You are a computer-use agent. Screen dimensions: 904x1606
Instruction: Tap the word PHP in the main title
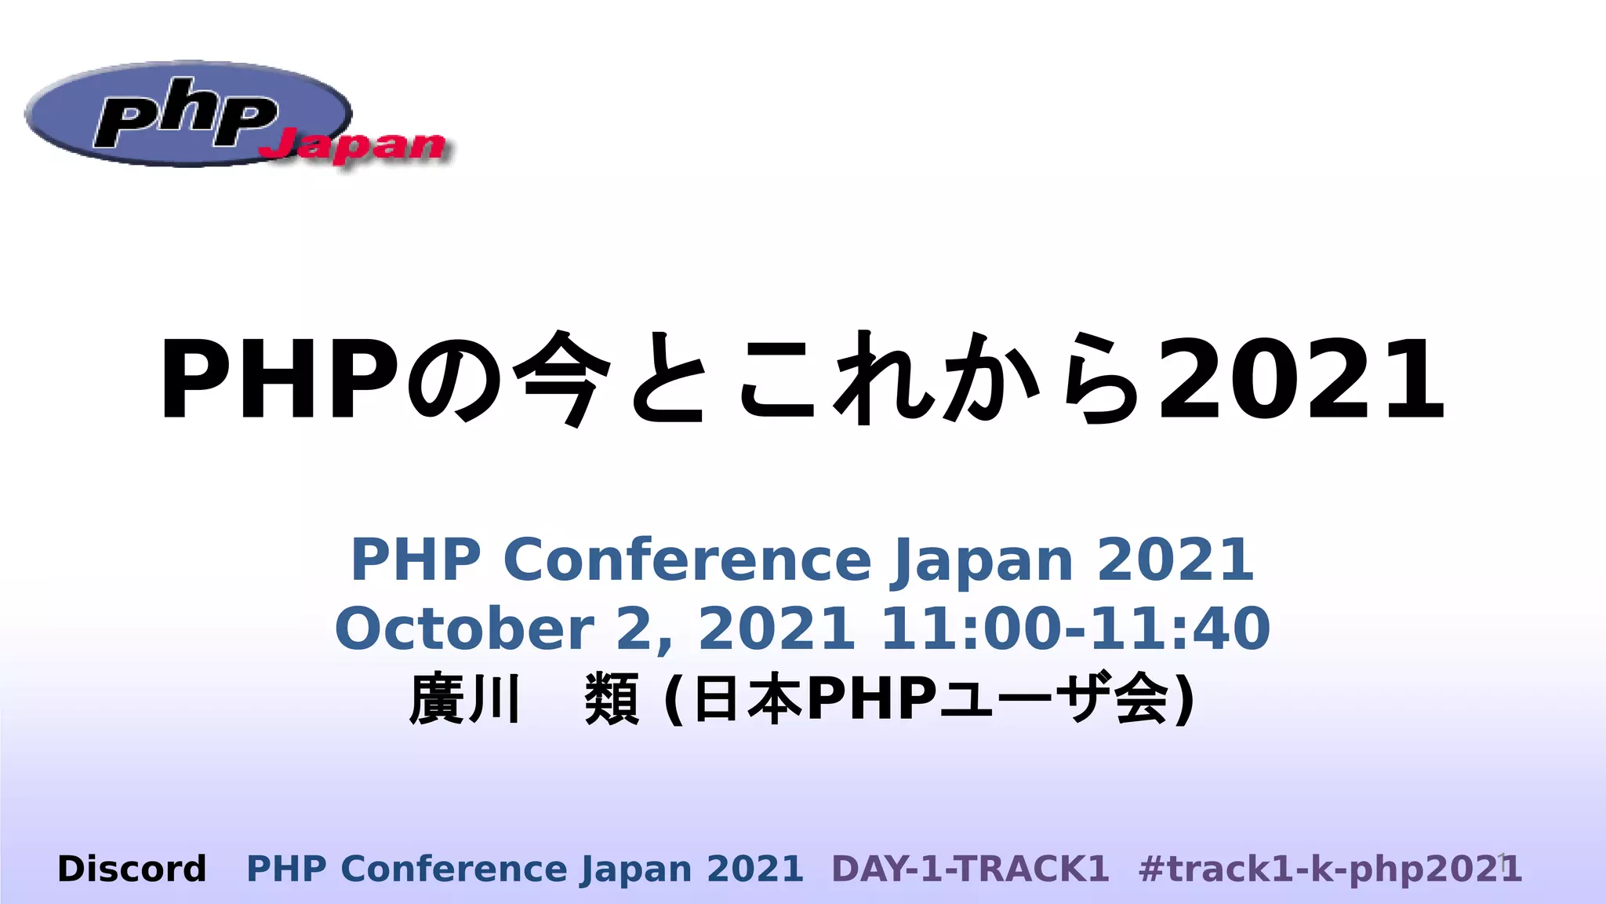coord(279,380)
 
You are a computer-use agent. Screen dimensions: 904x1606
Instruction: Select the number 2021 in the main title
coord(1302,380)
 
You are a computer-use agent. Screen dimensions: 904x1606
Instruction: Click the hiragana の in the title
coord(455,380)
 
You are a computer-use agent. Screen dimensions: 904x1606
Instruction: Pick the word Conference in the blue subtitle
coord(687,560)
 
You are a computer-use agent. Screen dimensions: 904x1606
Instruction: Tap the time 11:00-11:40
coord(1075,629)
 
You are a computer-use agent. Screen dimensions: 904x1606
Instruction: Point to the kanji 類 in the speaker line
coord(612,698)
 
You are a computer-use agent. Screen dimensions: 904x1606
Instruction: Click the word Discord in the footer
coord(132,869)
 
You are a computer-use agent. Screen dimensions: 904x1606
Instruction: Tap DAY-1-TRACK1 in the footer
coord(970,869)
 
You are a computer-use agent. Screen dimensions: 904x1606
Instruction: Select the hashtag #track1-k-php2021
coord(1330,869)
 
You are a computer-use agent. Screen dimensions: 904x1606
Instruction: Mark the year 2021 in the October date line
coord(776,629)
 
